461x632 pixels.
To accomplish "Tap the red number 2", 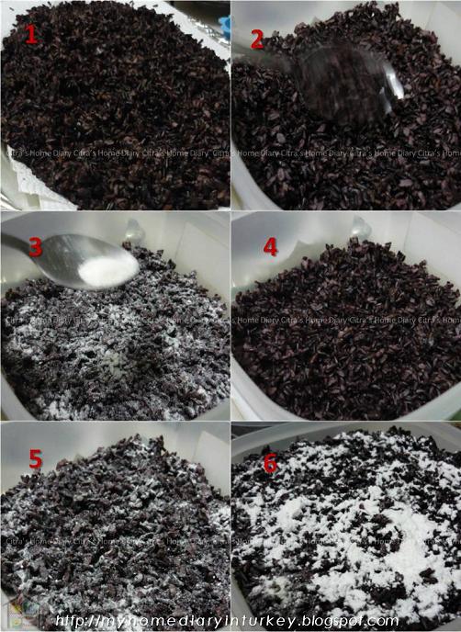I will (x=257, y=39).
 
